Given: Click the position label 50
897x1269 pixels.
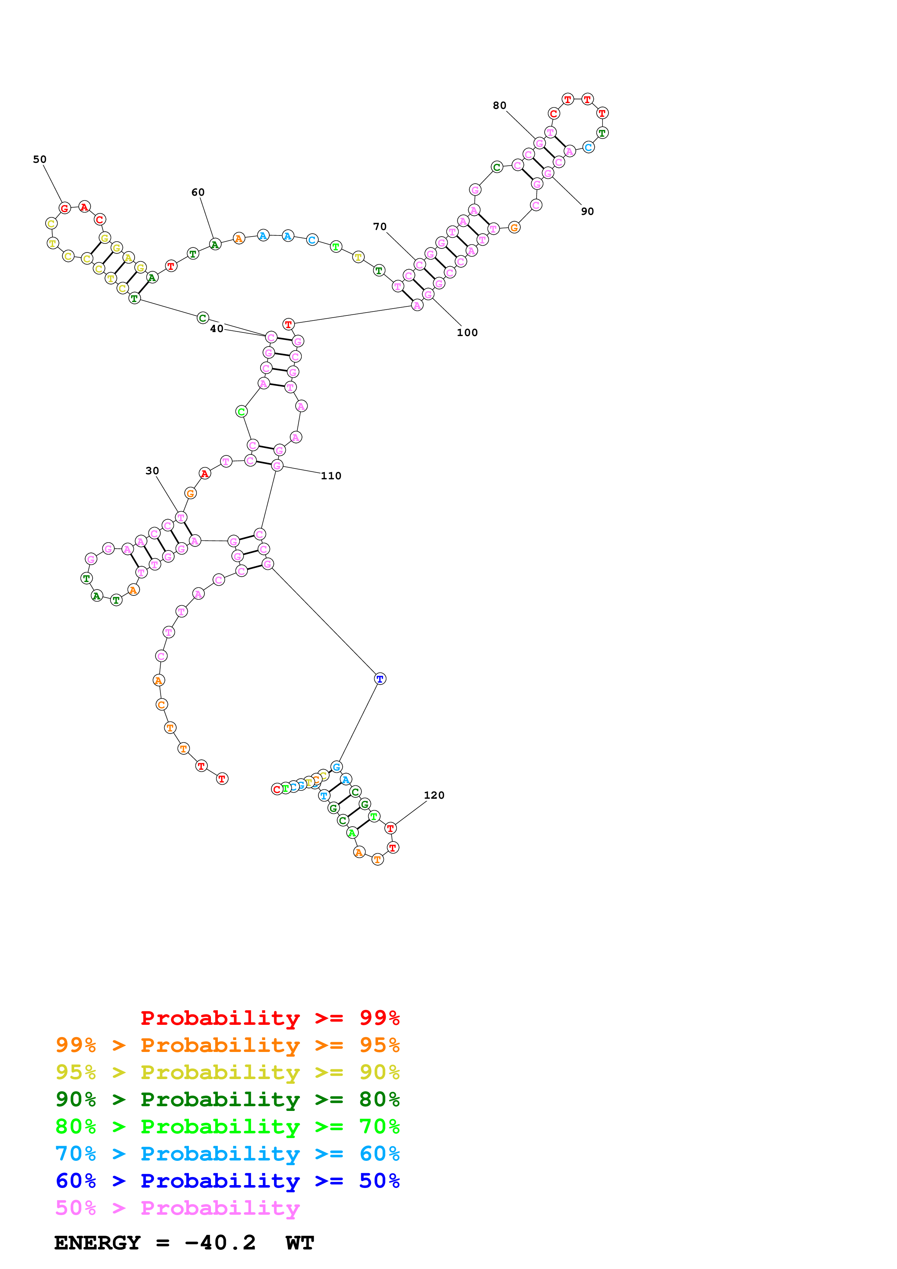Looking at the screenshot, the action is tap(40, 159).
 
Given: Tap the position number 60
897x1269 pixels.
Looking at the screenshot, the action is tap(198, 192).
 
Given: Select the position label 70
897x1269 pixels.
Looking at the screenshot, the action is tap(380, 226).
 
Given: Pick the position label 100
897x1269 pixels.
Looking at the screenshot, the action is tap(467, 333).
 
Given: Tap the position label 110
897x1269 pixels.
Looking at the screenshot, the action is tap(331, 476).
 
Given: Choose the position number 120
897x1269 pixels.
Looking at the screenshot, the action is tap(434, 795).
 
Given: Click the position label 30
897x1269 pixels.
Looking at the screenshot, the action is tap(152, 471).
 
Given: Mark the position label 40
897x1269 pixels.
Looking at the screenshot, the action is tap(217, 329).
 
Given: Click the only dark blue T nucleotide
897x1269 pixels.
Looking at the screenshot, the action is tap(380, 679).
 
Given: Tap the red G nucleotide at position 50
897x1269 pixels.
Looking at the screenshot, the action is tap(65, 208).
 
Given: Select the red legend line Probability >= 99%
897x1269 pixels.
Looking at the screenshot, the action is tap(270, 1018).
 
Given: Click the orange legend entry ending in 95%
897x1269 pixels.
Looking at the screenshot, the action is tap(227, 1045).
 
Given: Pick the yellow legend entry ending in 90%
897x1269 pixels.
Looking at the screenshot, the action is tap(227, 1072).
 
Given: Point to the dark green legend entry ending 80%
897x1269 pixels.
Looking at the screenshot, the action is tap(227, 1099).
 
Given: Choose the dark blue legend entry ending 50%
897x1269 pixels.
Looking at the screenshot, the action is tap(227, 1181).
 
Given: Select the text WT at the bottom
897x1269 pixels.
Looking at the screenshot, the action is tap(300, 1243).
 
